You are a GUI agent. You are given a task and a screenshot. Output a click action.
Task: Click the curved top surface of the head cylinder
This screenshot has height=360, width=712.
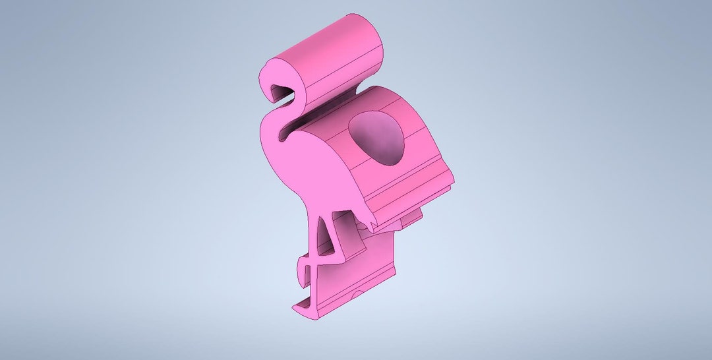click(330, 43)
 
